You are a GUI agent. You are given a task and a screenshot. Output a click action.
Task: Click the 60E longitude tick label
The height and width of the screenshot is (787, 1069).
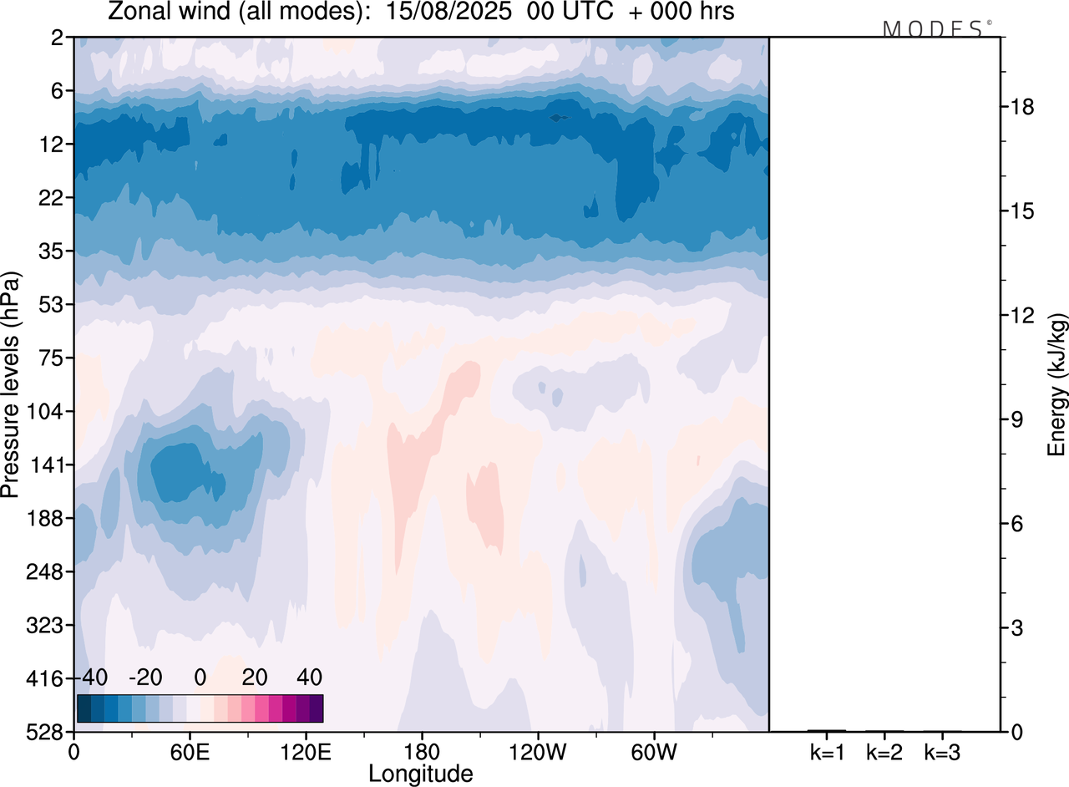click(190, 752)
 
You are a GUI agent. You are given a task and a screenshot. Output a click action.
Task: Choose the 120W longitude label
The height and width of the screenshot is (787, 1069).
click(537, 752)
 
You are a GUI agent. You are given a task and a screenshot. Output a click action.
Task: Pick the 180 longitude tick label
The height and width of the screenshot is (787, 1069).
click(421, 752)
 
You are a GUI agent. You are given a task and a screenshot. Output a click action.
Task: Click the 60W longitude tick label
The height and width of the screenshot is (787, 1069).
click(653, 752)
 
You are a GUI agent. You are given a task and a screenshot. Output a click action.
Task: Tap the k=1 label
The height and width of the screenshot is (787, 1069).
click(827, 752)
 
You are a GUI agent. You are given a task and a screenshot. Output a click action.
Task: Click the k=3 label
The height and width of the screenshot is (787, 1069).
click(941, 752)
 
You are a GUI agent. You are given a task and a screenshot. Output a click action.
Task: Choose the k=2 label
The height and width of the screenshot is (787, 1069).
click(884, 752)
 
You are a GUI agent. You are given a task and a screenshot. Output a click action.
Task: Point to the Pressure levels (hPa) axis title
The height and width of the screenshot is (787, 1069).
click(12, 384)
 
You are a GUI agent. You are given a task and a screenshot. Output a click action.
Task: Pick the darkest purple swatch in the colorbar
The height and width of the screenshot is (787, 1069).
click(316, 708)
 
